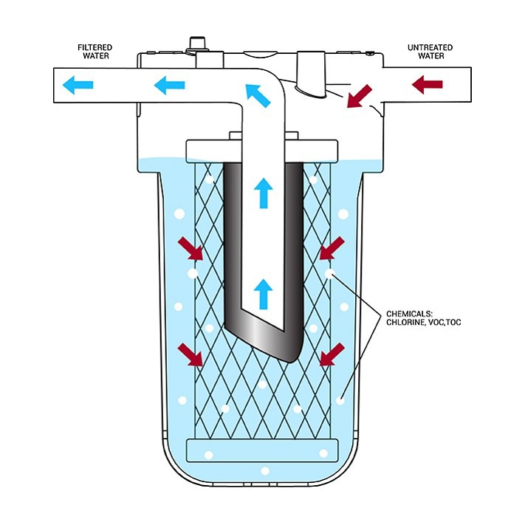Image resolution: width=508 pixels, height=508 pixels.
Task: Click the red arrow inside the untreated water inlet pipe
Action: (x=426, y=84)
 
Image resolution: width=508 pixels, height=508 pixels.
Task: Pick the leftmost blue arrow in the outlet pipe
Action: (x=77, y=86)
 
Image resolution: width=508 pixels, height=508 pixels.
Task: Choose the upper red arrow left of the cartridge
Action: (x=193, y=250)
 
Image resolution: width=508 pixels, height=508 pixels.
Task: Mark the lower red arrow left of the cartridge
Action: (x=193, y=355)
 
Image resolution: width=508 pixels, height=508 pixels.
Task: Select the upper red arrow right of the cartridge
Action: (x=330, y=250)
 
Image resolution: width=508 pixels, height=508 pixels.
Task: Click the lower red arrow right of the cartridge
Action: (x=330, y=354)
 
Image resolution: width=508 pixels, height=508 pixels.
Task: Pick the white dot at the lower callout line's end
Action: (x=340, y=401)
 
